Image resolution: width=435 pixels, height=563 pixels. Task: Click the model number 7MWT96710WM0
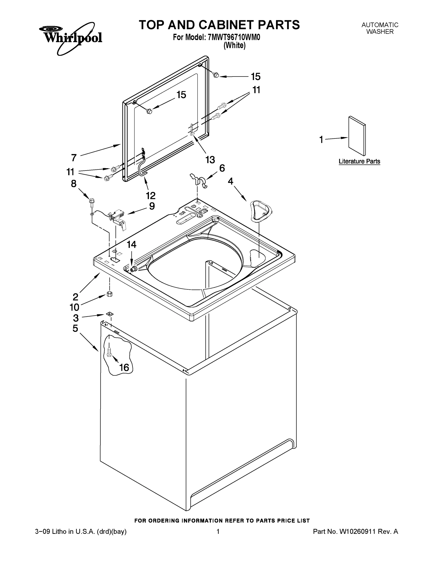234,37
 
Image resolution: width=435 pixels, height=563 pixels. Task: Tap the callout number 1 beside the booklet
321,140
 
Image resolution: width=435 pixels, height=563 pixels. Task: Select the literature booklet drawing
357,136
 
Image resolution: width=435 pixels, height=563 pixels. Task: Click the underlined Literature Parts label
359,161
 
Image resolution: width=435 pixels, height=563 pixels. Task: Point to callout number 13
210,160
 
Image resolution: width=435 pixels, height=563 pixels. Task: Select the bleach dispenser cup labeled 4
261,211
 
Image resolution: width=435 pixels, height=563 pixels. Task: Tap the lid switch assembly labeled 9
118,218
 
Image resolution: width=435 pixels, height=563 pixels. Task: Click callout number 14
131,244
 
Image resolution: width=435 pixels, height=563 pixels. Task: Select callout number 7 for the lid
74,157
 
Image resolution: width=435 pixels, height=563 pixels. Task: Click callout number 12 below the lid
151,195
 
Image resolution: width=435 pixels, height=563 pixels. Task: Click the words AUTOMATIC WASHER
380,28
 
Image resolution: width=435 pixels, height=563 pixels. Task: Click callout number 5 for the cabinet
75,328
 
